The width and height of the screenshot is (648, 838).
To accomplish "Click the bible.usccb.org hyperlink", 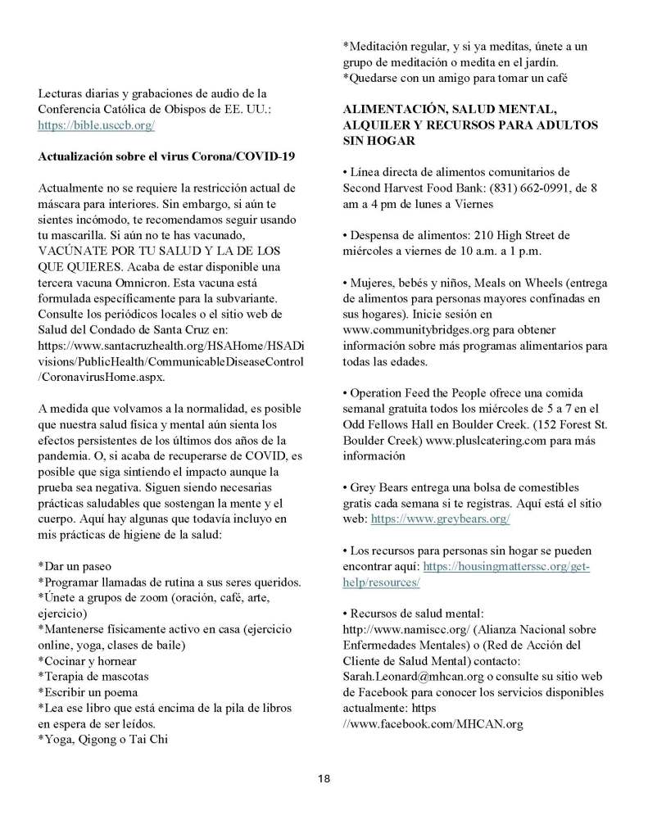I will click(x=97, y=125).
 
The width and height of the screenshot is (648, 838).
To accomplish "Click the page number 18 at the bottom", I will click(x=324, y=777).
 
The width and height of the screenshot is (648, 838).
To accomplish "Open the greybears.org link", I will click(x=441, y=519).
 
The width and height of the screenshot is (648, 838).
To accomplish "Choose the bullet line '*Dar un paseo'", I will click(x=75, y=566).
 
